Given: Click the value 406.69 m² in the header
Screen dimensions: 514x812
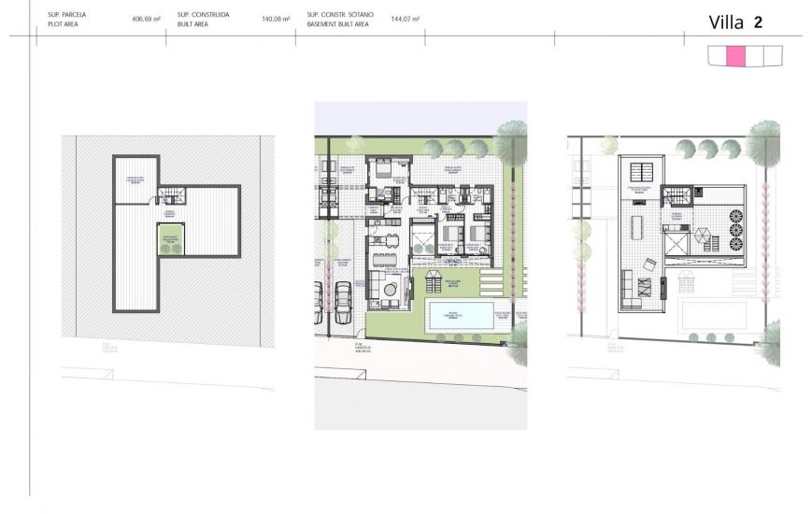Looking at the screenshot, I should pos(146,19).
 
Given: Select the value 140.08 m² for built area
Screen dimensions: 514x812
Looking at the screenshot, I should pos(276,19).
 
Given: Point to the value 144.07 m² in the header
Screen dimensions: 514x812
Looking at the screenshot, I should pos(405,19).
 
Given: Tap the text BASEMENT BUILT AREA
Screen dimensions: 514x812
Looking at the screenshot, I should pos(338,24).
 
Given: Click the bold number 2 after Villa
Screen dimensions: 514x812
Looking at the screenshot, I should pos(758,22).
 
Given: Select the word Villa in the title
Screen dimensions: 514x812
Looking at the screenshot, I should pos(726,22).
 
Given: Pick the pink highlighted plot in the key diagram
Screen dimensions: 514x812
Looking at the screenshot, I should pos(735,56).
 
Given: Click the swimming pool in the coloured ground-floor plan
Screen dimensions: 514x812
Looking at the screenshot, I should pos(461,315).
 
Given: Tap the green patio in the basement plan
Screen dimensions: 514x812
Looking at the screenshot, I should pos(170,245).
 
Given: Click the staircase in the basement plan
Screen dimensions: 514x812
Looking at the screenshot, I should pos(171,195).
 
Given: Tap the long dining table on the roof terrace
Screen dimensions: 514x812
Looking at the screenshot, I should pos(637,228).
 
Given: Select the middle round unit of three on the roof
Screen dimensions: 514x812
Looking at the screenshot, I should pos(734,230).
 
